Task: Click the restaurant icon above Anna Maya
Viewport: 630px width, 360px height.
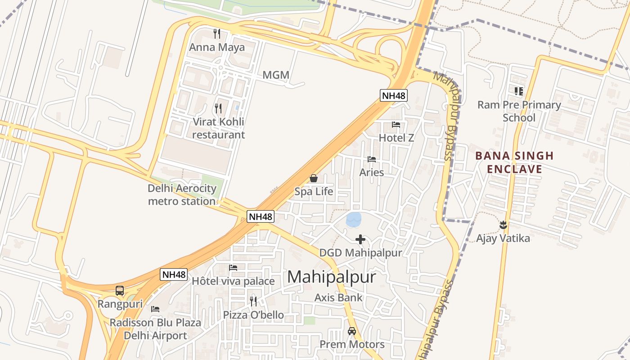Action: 217,33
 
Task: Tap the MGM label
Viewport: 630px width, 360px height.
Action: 276,75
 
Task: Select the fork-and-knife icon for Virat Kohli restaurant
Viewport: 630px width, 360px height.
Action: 218,108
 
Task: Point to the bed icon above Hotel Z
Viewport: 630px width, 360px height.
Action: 396,125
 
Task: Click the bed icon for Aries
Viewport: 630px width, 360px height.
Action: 372,159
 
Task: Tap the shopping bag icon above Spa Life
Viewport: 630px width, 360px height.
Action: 314,178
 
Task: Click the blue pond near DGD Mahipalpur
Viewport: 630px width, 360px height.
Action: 354,220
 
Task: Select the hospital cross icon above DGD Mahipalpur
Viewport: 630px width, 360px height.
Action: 360,239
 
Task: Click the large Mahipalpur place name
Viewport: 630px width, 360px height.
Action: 331,277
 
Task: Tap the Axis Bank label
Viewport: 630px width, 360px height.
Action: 338,297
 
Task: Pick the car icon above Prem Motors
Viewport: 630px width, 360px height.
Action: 352,331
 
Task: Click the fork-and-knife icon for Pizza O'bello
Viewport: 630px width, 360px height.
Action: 253,301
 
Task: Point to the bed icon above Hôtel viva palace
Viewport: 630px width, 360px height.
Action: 233,268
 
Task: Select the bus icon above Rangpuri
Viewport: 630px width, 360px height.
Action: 120,291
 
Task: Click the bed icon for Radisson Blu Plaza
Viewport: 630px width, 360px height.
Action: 155,309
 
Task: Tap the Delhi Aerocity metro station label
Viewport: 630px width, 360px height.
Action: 182,195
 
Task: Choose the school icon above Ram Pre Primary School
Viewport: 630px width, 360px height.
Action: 519,91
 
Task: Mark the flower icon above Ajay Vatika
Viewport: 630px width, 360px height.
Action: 503,224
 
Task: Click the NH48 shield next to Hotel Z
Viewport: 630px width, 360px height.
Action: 393,95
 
